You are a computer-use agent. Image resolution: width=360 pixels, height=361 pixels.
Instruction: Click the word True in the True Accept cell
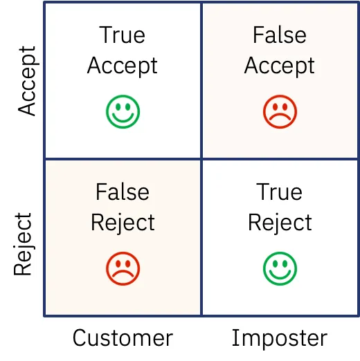point(123,35)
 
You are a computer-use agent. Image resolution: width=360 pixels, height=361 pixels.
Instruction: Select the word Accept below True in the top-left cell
point(123,66)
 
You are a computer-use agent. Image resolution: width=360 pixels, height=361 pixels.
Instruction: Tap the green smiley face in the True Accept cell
point(123,111)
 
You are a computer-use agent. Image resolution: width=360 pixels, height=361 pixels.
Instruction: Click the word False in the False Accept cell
point(280,35)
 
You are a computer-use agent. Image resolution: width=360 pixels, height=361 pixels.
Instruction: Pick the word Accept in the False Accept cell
point(280,66)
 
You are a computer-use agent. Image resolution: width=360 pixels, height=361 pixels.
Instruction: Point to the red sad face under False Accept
point(280,111)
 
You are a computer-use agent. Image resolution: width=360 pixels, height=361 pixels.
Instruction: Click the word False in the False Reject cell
point(123,192)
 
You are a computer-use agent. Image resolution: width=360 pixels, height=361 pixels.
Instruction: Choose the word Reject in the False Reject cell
point(123,223)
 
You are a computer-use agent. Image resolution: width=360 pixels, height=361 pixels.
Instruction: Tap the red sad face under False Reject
point(123,268)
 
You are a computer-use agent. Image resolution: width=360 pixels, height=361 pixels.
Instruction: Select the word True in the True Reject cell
point(280,192)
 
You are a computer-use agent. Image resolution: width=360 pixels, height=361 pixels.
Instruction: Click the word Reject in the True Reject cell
point(280,223)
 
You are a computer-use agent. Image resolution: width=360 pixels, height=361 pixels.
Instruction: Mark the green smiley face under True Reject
point(280,268)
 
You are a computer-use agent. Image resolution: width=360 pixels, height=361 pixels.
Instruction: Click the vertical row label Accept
point(26,81)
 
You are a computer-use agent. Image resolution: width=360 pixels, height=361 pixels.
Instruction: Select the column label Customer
point(123,337)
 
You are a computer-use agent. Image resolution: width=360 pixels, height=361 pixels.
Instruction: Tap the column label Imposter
point(279,337)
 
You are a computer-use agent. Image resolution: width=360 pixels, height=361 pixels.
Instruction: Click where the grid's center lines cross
point(201,159)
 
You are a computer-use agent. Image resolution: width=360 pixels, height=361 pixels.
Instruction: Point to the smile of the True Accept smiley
point(123,118)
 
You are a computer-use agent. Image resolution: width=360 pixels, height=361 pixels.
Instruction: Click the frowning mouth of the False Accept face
point(280,118)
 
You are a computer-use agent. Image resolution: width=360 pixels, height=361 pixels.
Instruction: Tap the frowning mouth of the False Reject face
point(123,275)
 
